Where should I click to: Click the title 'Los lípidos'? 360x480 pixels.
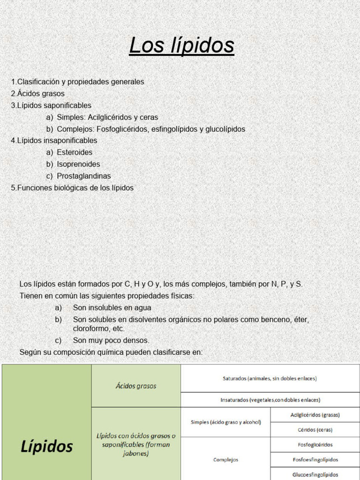181,45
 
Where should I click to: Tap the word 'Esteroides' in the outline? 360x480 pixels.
75,152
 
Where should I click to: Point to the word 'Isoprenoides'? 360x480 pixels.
78,164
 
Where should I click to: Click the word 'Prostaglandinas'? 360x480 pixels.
84,176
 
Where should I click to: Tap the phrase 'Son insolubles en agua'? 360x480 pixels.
112,308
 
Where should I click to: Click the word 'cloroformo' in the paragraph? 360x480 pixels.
92,329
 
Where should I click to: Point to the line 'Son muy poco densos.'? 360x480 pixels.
111,340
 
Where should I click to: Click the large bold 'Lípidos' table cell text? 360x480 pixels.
47,446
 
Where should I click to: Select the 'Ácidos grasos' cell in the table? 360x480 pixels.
136,386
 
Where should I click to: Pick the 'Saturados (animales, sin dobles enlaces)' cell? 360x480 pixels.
270,378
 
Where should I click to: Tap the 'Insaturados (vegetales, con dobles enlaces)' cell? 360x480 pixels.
270,400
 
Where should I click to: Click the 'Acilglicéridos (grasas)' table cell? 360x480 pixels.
315,415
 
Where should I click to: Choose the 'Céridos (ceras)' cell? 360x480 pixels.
315,430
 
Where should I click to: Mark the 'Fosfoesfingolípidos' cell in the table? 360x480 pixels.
315,460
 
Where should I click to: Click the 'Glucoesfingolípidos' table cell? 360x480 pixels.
315,474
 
